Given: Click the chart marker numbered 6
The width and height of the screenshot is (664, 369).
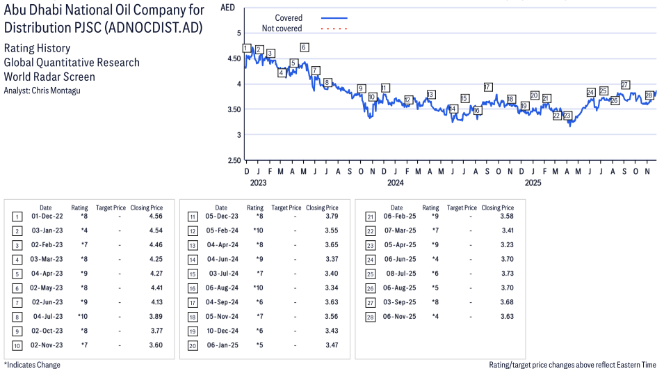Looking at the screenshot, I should pyautogui.click(x=304, y=47).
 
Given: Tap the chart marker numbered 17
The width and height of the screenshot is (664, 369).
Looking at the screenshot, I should pyautogui.click(x=488, y=87).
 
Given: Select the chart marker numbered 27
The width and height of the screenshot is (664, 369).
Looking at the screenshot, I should pyautogui.click(x=625, y=85).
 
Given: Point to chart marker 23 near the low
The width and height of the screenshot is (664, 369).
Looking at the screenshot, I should pyautogui.click(x=567, y=116).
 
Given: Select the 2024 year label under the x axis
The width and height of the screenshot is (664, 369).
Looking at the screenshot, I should pyautogui.click(x=396, y=183).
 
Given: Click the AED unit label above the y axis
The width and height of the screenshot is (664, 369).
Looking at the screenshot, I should pyautogui.click(x=227, y=8).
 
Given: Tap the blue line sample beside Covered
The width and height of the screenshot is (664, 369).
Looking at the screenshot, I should pyautogui.click(x=334, y=18).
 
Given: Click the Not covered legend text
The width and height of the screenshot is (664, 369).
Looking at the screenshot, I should pyautogui.click(x=282, y=29).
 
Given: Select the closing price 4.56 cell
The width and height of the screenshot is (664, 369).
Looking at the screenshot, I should pyautogui.click(x=156, y=216).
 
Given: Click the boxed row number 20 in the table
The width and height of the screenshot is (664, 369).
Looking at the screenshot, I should pyautogui.click(x=192, y=345).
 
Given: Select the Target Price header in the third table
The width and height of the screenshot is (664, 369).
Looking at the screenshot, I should pyautogui.click(x=462, y=207).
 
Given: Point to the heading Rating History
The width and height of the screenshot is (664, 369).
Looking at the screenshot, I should pyautogui.click(x=37, y=49).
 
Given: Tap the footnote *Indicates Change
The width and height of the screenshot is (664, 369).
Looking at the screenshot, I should pyautogui.click(x=32, y=364).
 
